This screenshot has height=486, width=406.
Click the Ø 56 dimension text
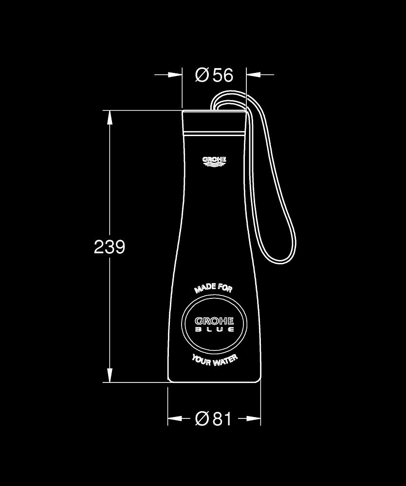(x=214, y=75)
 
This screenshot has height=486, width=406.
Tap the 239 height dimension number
(x=110, y=247)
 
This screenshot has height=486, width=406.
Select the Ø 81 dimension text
(x=214, y=418)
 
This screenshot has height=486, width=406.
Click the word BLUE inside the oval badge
(x=214, y=329)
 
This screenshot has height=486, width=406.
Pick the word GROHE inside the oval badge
(x=214, y=321)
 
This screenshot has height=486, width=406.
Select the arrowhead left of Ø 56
(x=176, y=75)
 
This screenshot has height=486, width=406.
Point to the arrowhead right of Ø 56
(x=253, y=75)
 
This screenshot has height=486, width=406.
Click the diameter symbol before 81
(x=202, y=418)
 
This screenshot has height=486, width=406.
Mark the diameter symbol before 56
(x=202, y=75)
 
